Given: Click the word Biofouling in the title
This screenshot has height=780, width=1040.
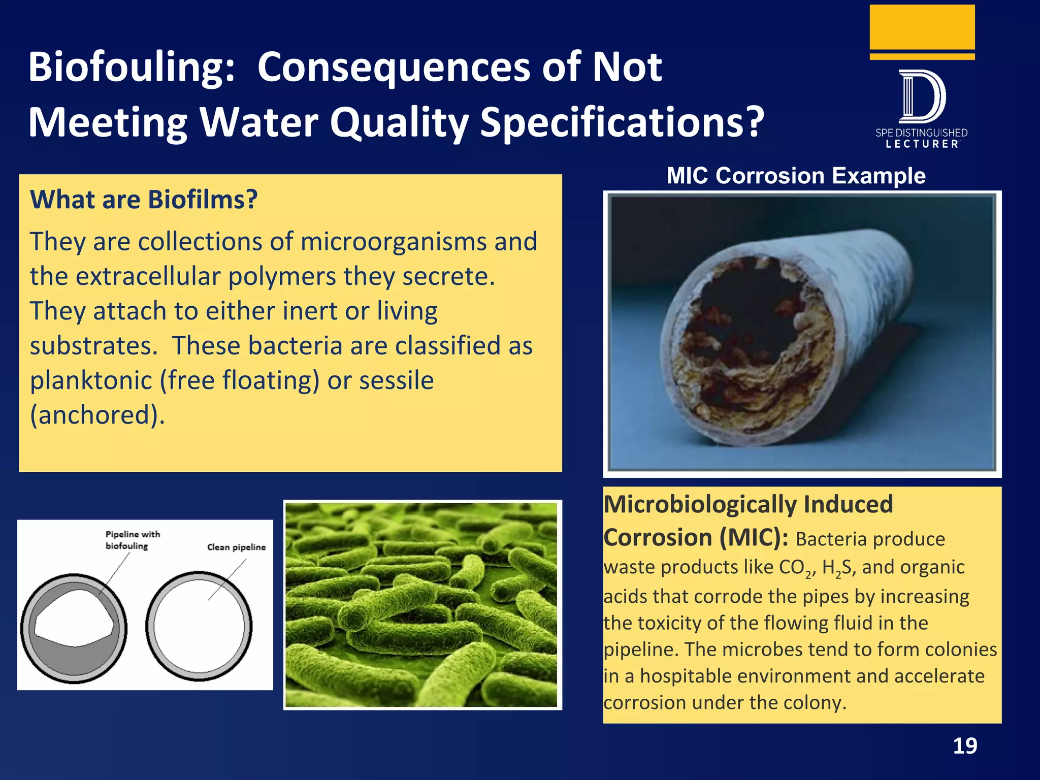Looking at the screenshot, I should click(x=131, y=68).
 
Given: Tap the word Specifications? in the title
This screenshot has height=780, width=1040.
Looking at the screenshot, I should click(x=622, y=123).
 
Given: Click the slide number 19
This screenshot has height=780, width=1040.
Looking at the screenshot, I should click(x=964, y=746).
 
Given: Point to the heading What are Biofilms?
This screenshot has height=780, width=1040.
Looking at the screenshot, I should click(x=144, y=200).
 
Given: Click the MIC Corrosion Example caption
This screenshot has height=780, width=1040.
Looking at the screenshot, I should click(x=796, y=176).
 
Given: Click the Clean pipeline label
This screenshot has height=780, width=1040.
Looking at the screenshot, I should click(x=236, y=547).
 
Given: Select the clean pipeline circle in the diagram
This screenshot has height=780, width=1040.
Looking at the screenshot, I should click(x=199, y=626).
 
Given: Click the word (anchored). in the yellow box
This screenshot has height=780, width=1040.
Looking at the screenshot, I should click(x=97, y=415).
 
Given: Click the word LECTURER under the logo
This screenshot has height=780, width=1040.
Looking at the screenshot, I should click(x=922, y=144).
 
